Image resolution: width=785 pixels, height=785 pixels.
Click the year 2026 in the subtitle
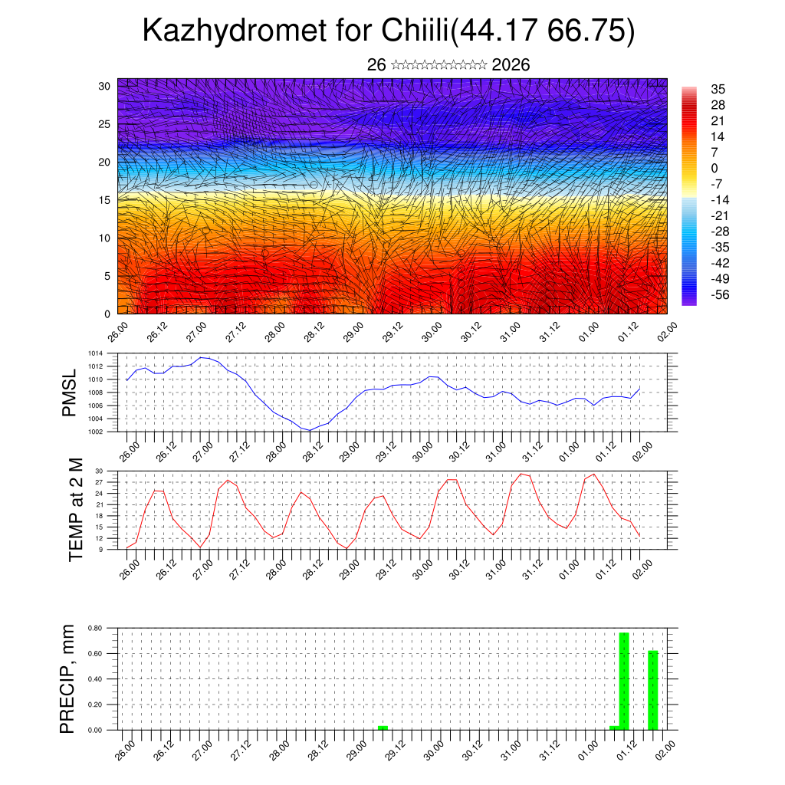tap(511, 65)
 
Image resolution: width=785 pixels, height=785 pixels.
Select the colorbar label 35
tap(718, 89)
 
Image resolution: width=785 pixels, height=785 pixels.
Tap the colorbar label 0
tap(714, 168)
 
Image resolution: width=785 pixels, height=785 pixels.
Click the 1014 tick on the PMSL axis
tap(95, 353)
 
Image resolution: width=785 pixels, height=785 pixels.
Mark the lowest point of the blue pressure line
tap(309, 430)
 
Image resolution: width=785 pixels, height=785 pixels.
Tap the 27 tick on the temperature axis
tap(99, 482)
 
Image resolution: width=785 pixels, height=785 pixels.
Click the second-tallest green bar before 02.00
tap(652, 690)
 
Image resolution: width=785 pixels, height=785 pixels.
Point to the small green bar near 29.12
tap(383, 727)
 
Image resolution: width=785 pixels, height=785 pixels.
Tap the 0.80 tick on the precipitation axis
tap(95, 628)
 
